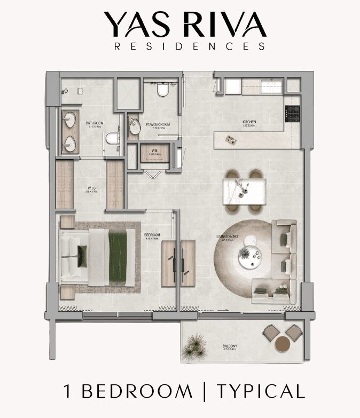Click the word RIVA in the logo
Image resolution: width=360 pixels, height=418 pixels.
(x=224, y=25)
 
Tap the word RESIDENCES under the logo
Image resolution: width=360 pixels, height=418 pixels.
(x=190, y=46)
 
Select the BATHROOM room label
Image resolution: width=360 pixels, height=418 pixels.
(x=95, y=123)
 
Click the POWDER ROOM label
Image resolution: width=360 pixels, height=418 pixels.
(x=157, y=124)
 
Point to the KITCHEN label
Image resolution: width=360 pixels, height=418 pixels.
(x=249, y=123)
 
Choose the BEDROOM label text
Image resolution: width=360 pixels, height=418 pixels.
(x=152, y=234)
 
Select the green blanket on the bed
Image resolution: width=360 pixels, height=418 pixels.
(x=118, y=256)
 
